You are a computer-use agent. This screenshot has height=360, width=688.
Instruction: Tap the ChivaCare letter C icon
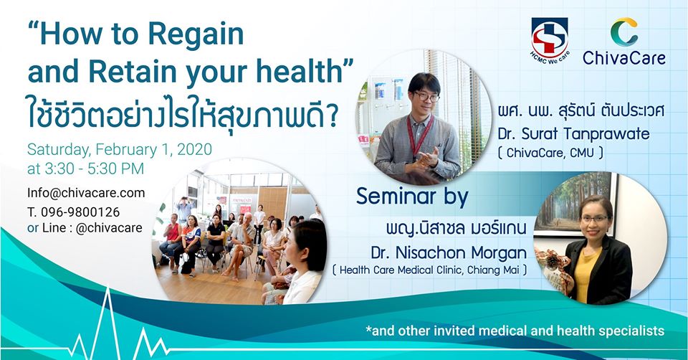click(x=624, y=32)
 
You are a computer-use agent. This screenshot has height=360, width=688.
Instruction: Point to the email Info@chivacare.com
click(x=86, y=193)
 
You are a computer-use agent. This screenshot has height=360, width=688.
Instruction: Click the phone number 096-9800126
click(x=80, y=212)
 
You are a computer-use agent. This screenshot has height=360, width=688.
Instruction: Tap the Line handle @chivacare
click(x=109, y=228)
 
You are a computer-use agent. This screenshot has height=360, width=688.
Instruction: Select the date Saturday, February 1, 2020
click(x=120, y=149)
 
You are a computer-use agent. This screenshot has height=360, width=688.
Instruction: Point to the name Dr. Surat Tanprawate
click(x=574, y=133)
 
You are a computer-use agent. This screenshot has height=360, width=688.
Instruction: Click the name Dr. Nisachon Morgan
click(x=449, y=252)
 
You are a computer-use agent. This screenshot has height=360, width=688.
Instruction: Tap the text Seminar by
click(x=412, y=196)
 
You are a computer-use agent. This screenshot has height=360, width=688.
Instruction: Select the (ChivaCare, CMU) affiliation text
click(x=550, y=153)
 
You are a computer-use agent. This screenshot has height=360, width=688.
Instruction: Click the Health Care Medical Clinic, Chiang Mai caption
click(x=429, y=270)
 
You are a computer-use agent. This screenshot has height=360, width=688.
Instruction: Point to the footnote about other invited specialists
click(x=515, y=331)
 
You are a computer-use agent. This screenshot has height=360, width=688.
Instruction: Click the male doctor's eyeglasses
click(x=426, y=96)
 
